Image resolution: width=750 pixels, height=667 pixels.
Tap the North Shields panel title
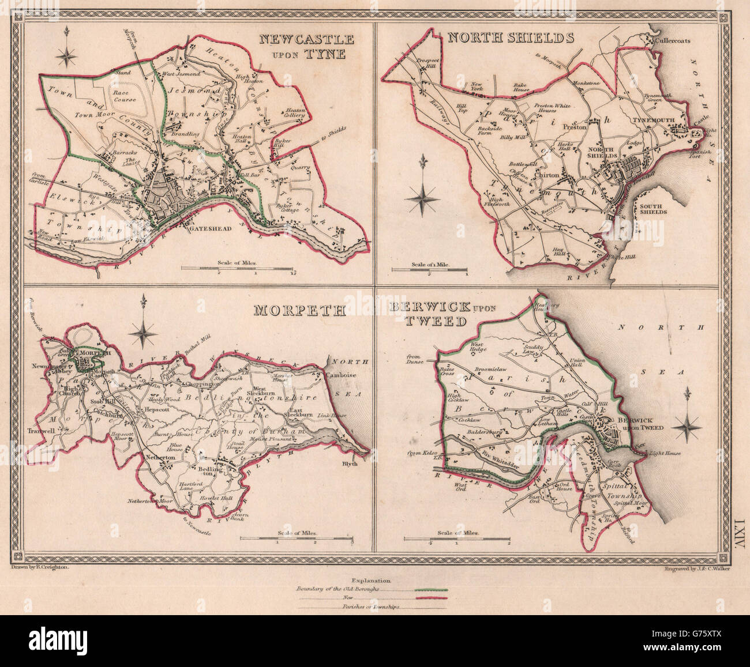pos(511,38)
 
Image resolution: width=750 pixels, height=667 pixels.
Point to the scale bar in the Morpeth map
pos(297,539)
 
